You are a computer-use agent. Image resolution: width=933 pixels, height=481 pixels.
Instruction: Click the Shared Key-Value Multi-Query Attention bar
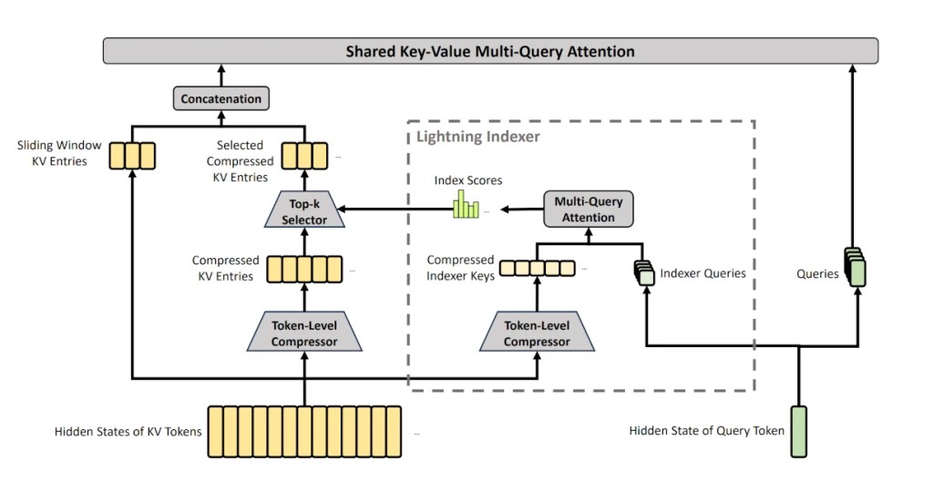point(490,51)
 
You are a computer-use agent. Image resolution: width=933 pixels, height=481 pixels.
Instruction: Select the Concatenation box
point(221,98)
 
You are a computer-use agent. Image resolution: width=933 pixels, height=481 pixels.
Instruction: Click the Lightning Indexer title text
point(478,137)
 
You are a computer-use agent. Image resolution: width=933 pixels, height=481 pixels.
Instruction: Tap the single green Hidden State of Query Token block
point(798,430)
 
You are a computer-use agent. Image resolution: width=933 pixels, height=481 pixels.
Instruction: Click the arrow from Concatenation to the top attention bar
point(221,76)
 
